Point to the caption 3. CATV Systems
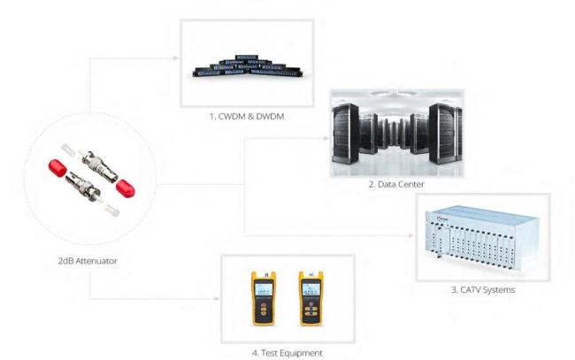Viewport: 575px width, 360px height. tap(484, 288)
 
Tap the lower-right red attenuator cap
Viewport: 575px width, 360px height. tap(125, 188)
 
